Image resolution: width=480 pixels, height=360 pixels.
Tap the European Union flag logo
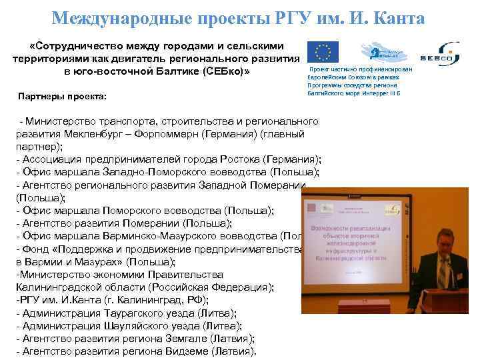(x=323, y=52)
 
